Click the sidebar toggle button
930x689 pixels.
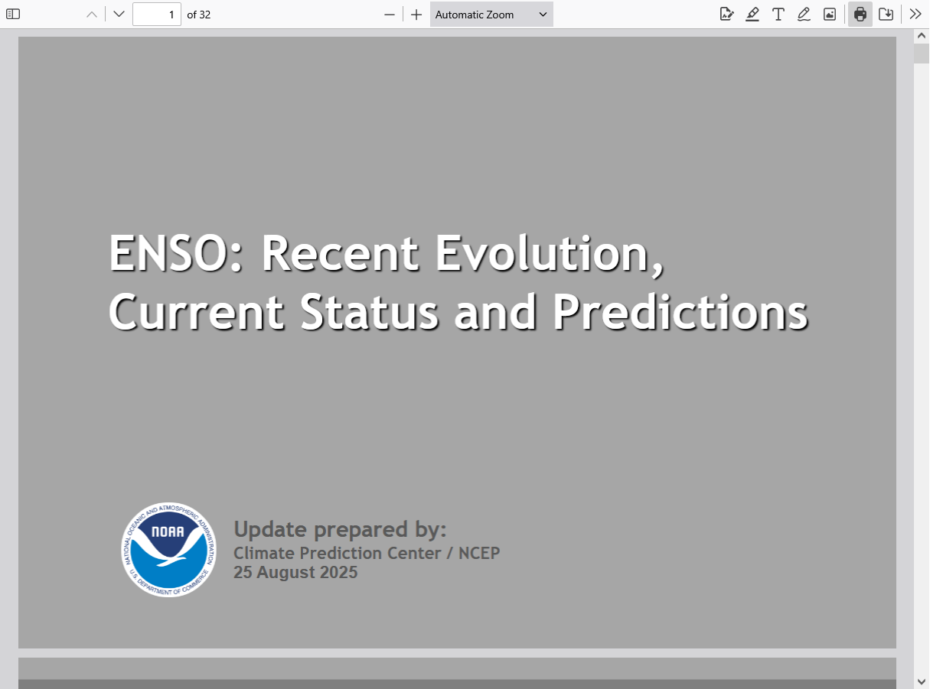(13, 15)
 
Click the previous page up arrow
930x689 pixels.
(92, 15)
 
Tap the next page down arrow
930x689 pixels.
(119, 15)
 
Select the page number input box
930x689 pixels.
(157, 15)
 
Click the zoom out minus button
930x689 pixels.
(389, 15)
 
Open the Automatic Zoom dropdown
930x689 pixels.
(491, 15)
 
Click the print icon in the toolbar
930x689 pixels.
(860, 15)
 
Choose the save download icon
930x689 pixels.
(886, 15)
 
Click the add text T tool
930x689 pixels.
(778, 15)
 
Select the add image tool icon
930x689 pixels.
(830, 15)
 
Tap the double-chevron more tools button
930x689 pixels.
(915, 15)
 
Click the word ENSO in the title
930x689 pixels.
(168, 253)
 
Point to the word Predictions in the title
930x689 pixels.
(680, 312)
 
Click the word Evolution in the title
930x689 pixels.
(549, 253)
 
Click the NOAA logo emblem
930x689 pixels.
(169, 549)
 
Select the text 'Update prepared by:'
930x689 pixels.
(340, 529)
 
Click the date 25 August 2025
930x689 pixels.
(295, 572)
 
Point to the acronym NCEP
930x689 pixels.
(479, 553)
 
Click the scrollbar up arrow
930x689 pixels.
(921, 36)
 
